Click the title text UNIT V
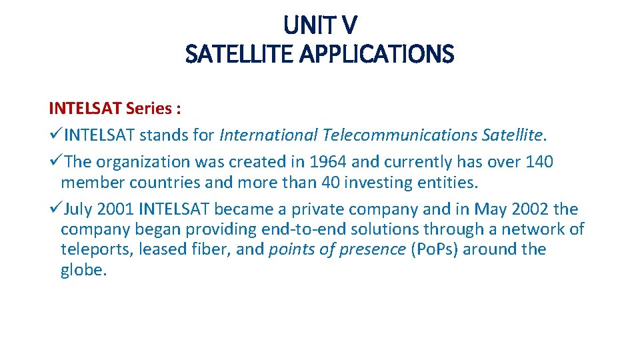pos(320,26)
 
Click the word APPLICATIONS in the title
pos(377,54)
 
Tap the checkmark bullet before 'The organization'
pos(55,162)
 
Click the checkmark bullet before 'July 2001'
pos(55,209)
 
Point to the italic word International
pos(268,135)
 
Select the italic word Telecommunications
pos(399,135)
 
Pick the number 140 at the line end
pos(539,162)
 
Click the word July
pos(79,209)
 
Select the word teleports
pos(90,249)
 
